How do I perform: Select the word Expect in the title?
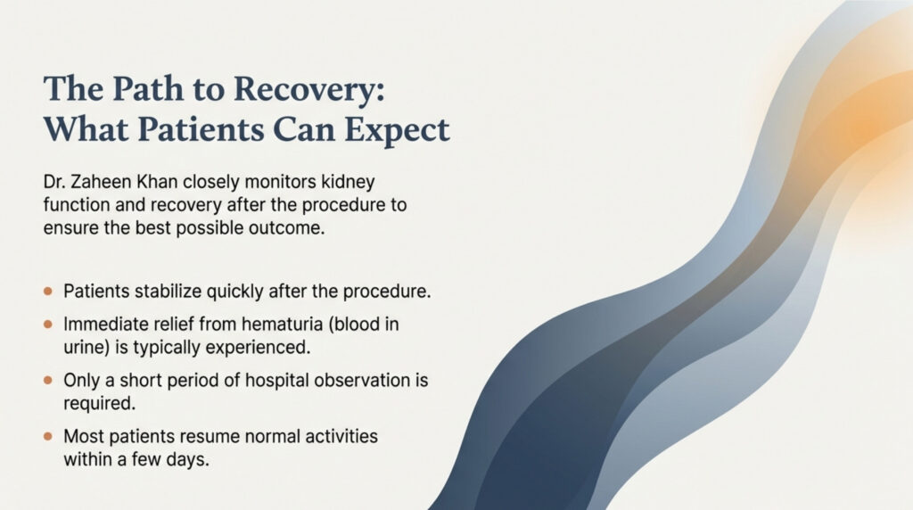tap(397, 130)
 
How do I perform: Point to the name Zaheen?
tap(101, 182)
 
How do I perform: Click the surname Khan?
tap(157, 182)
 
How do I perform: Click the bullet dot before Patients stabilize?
tap(48, 291)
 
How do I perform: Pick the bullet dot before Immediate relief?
tap(48, 324)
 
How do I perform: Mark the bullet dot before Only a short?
tap(48, 380)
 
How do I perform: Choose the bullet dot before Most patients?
tap(48, 436)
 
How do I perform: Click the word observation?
tap(362, 380)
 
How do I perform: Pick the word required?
tap(100, 404)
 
